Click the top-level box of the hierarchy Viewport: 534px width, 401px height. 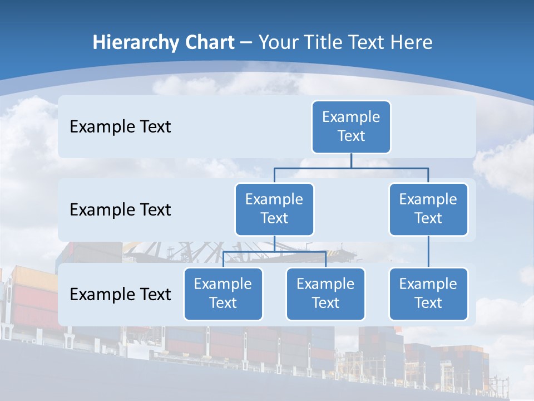point(351,127)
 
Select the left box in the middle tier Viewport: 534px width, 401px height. point(274,209)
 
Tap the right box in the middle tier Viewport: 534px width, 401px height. point(428,209)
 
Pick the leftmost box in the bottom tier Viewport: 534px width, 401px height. point(223,294)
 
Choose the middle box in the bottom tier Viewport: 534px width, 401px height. point(325,294)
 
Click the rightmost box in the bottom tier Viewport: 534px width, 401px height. point(428,294)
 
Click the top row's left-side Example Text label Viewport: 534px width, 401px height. point(120,127)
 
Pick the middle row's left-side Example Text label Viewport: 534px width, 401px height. point(120,210)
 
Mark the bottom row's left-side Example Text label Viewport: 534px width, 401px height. point(120,295)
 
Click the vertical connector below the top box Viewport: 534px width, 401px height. point(351,160)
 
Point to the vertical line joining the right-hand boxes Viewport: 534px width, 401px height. point(428,252)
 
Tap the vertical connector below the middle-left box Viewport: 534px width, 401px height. point(274,244)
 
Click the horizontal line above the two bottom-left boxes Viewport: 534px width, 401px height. point(250,252)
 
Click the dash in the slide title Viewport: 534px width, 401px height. point(246,43)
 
